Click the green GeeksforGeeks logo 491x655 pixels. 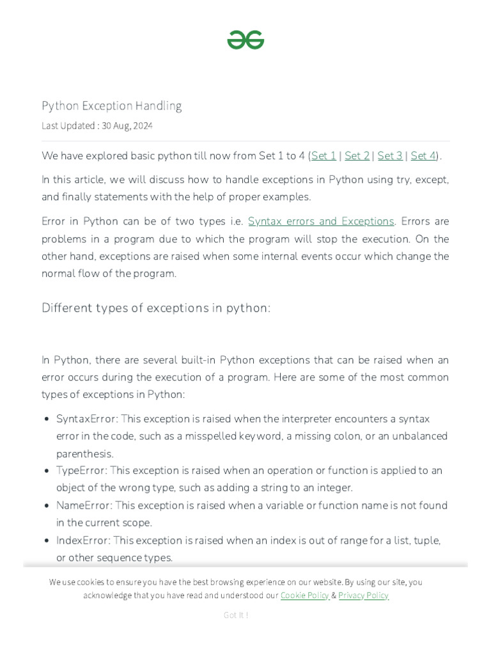245,40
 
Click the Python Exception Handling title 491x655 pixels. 112,106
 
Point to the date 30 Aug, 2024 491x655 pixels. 128,126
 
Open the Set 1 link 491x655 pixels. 323,156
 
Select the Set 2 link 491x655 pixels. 357,156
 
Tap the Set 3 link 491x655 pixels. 390,156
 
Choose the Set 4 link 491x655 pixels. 423,156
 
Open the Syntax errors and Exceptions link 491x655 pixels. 321,221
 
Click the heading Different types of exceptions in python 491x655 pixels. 156,308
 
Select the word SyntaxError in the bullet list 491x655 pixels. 86,419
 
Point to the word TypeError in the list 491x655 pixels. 81,471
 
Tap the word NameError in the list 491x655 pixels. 84,505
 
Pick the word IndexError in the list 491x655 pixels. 83,541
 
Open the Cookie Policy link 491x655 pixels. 304,596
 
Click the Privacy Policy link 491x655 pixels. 363,596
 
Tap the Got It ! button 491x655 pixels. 236,615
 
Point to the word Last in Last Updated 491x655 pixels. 50,126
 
